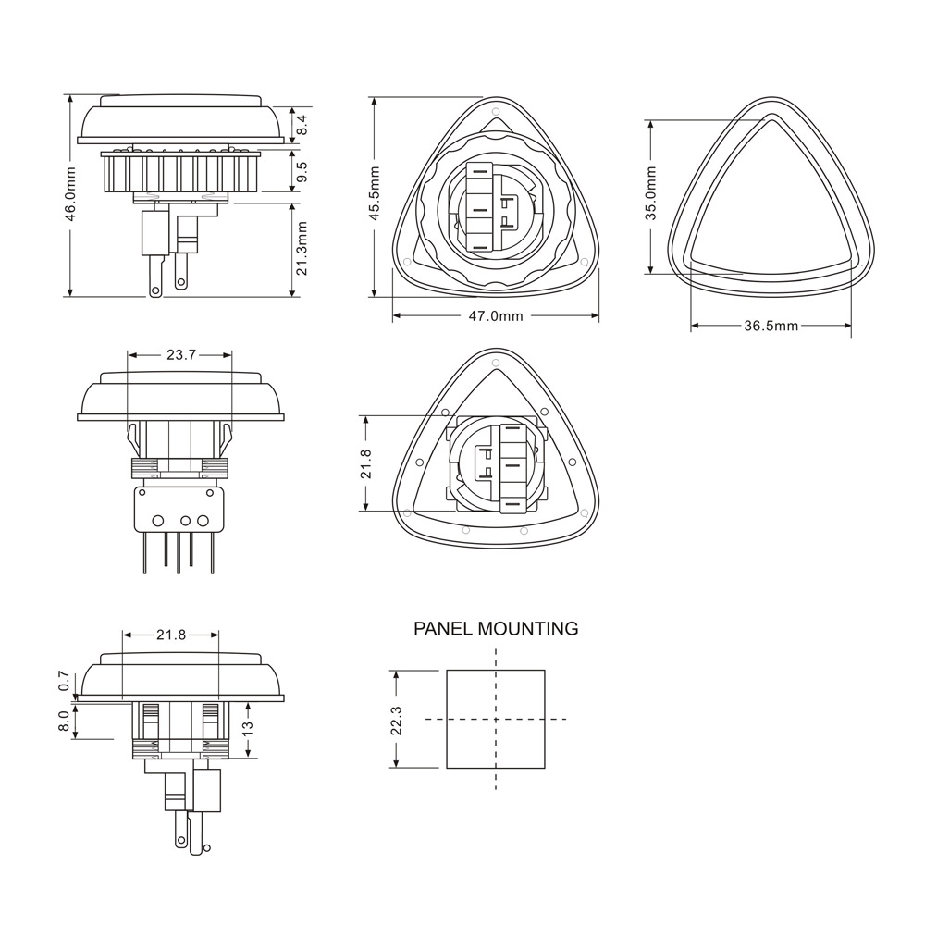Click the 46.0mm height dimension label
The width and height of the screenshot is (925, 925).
click(x=70, y=194)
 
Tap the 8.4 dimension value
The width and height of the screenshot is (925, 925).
click(x=302, y=124)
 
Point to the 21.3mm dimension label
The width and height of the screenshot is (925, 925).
click(x=302, y=248)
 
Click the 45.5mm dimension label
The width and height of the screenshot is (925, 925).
click(x=374, y=194)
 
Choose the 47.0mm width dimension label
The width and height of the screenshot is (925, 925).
click(x=496, y=316)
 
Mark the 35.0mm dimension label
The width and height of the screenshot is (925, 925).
click(x=650, y=193)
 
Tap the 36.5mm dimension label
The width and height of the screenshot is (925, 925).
click(x=771, y=326)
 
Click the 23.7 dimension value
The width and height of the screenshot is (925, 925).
click(x=180, y=355)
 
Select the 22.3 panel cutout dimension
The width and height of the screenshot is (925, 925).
click(x=396, y=721)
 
